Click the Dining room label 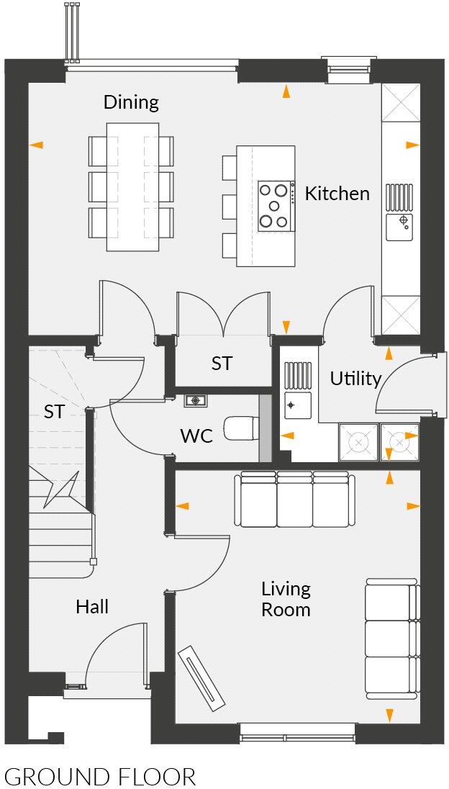(131, 102)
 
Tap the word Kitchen (337, 194)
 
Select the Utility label (355, 379)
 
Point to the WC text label (196, 436)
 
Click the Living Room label (286, 599)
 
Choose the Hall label (92, 607)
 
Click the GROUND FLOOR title (100, 777)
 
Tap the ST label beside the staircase (54, 412)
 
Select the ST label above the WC (222, 364)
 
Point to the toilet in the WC (240, 429)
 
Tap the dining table (132, 186)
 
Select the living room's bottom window (297, 736)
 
